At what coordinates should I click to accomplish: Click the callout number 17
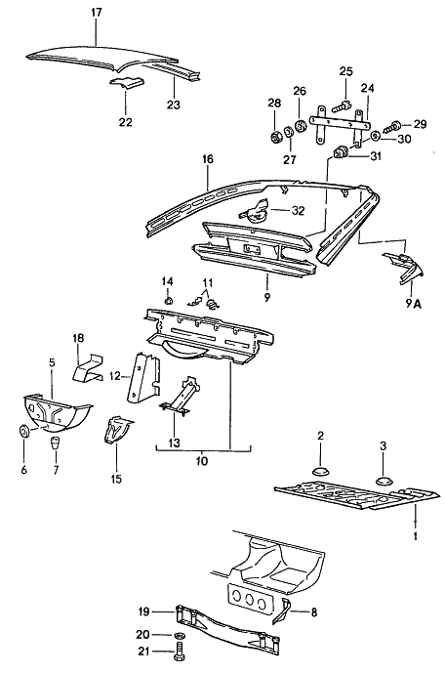tap(95, 12)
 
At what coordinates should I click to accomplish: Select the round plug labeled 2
tap(319, 474)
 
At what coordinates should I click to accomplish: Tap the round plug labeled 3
tap(383, 479)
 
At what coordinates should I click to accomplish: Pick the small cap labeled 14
tap(168, 301)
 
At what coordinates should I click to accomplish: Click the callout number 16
tap(207, 156)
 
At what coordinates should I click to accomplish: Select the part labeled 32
tap(261, 208)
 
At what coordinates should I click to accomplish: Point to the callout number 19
tap(142, 612)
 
